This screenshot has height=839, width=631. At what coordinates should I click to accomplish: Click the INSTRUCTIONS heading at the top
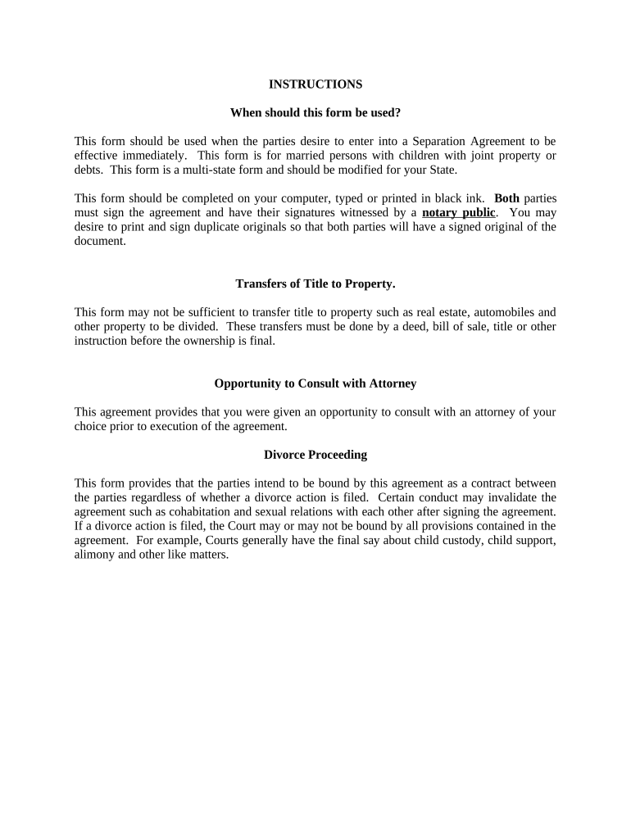[315, 84]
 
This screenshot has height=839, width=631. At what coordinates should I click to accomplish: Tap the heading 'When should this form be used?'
[315, 112]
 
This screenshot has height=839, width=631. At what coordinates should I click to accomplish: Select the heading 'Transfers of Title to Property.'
[315, 284]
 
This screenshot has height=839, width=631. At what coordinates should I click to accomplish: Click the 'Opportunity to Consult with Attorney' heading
[315, 383]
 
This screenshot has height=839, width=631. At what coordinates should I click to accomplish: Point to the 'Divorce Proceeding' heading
[315, 455]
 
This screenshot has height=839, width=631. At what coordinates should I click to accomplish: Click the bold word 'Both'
[506, 198]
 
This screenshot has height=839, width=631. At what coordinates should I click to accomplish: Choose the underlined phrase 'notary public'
[458, 213]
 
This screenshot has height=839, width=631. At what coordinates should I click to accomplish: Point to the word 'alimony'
[94, 555]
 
